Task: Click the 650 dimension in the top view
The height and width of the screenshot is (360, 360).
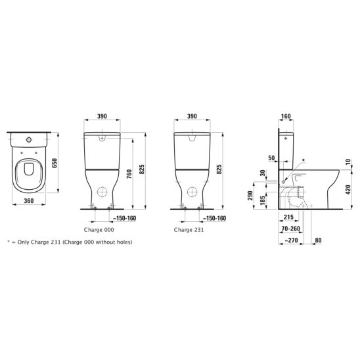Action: click(x=55, y=163)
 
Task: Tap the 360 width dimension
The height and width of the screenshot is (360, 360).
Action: click(x=29, y=200)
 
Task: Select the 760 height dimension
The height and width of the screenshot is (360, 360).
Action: click(x=129, y=174)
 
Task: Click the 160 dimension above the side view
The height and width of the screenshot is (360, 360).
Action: click(x=286, y=116)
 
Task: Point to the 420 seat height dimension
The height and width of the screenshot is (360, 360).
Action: click(x=348, y=190)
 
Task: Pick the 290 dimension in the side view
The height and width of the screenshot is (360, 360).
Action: click(x=250, y=195)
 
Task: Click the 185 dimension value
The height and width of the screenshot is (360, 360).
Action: click(x=263, y=200)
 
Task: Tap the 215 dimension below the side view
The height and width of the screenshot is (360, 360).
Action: click(x=288, y=217)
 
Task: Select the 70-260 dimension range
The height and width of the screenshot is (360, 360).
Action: click(x=291, y=229)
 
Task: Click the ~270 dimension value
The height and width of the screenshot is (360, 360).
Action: click(x=292, y=240)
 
